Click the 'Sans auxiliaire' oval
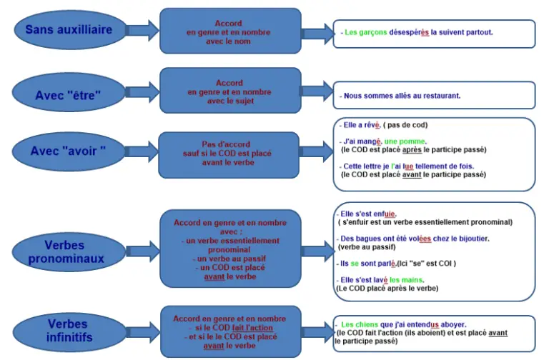(x=69, y=29)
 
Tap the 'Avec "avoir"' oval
(x=69, y=151)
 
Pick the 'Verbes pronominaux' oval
(x=69, y=253)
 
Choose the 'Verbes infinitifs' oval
(x=69, y=330)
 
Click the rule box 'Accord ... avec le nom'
(x=229, y=31)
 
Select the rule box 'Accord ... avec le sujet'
(x=229, y=92)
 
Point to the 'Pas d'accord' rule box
(x=229, y=153)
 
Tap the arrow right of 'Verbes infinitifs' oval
(x=142, y=330)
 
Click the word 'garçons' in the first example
(x=373, y=33)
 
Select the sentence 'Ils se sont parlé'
(x=372, y=263)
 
